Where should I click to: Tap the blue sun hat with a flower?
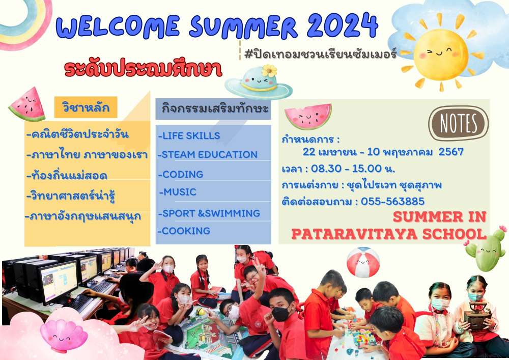(x=259, y=82)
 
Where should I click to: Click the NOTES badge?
(x=459, y=123)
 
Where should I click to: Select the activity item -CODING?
(x=181, y=174)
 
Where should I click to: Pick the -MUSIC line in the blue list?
(x=178, y=192)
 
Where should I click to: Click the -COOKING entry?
(x=184, y=231)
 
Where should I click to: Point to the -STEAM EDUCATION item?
(x=208, y=154)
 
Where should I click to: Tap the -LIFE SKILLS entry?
(x=189, y=135)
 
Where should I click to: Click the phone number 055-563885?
(x=392, y=201)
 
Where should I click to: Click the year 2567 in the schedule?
(x=451, y=152)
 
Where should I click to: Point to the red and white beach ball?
(x=363, y=262)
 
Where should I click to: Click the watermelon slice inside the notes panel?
(x=308, y=116)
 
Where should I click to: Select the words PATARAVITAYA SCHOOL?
(x=389, y=234)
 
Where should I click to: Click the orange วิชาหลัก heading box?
(x=86, y=107)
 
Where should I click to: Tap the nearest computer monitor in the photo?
(x=59, y=281)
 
